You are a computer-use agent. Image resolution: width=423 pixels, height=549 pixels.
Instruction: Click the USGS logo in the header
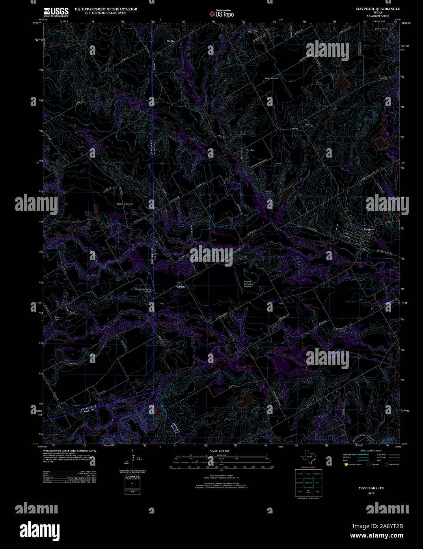coord(56,11)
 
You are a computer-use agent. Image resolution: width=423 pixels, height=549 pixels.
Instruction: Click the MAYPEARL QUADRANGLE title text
coord(378,9)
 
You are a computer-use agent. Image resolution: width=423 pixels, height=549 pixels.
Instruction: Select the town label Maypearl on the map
coord(369,229)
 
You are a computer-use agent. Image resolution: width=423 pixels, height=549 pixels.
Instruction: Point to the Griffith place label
coord(170,41)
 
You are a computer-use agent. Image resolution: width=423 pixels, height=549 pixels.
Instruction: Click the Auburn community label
coord(180,286)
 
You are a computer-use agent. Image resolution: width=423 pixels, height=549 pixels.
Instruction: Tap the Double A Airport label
coord(124,204)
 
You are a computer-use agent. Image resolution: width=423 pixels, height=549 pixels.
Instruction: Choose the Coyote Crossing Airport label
coord(248,284)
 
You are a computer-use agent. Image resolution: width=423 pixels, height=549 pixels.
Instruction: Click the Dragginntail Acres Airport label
coord(143,290)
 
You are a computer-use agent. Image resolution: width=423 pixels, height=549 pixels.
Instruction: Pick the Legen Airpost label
coord(271,78)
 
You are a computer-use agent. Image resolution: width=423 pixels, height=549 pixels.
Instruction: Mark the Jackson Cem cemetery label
coord(268,193)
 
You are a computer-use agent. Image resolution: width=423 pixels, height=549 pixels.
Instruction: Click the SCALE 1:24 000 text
coord(220,451)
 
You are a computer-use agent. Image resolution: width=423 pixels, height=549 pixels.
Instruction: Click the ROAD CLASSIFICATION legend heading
coord(371,451)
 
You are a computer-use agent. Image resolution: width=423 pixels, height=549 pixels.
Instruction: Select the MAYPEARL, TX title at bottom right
coord(371,488)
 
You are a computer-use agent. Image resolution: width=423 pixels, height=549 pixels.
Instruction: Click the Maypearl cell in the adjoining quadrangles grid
coord(308,482)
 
